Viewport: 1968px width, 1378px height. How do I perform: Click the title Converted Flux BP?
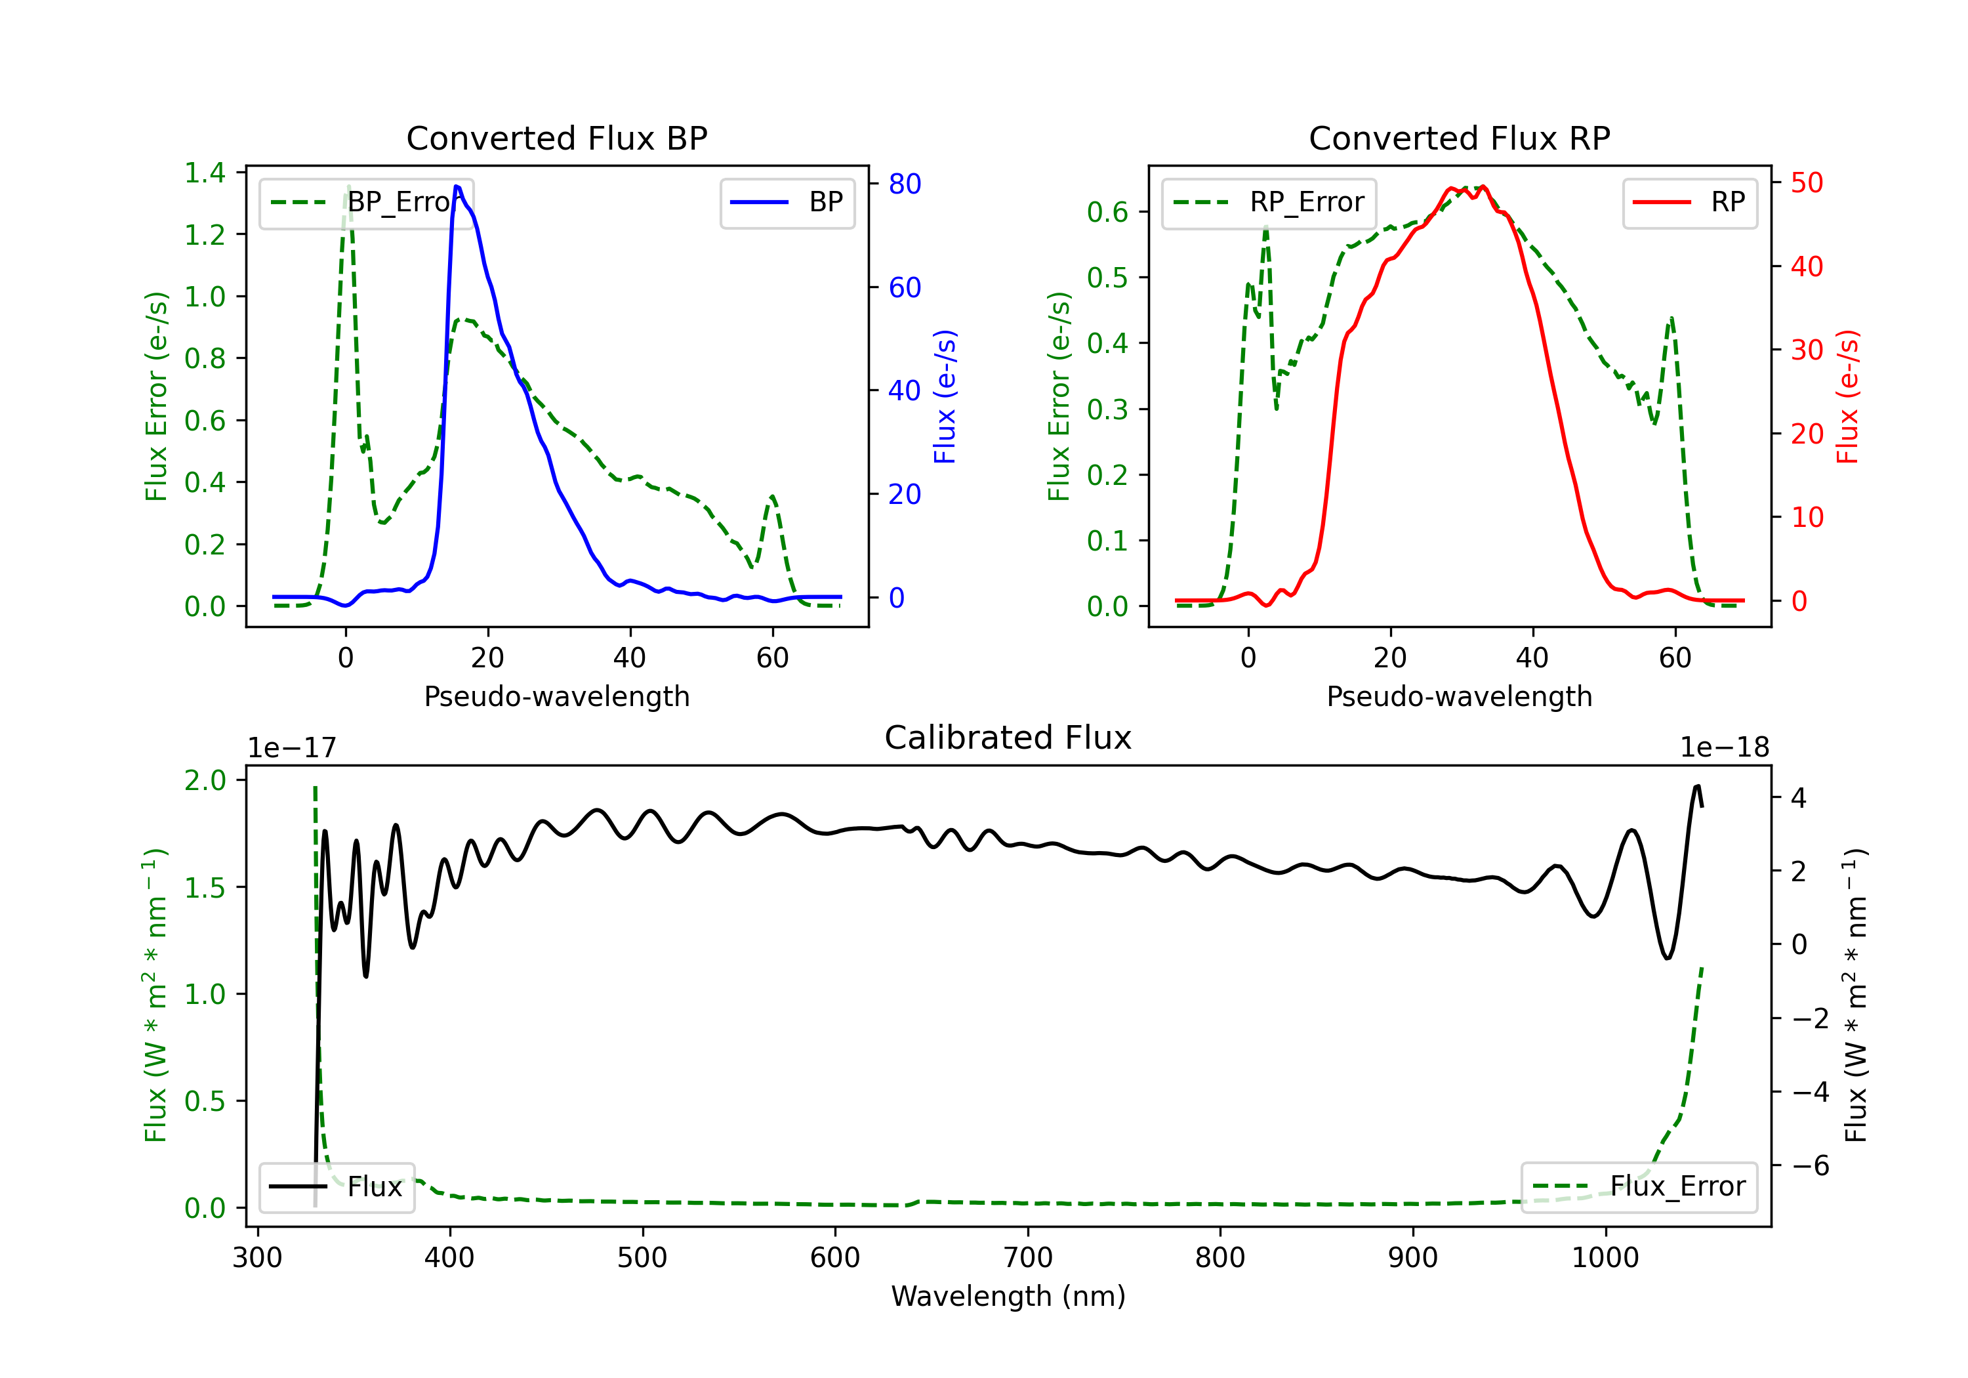(x=556, y=138)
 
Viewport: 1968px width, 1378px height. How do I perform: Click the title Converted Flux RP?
(x=1459, y=138)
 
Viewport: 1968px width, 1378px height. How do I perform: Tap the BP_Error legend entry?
(x=366, y=202)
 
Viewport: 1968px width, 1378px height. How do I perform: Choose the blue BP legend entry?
(x=787, y=202)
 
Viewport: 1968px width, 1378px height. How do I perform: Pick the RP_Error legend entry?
(x=1269, y=202)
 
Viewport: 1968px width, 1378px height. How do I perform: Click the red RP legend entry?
(x=1689, y=202)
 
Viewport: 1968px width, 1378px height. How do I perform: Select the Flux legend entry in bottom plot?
(x=336, y=1187)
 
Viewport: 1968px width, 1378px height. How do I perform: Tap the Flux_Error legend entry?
(x=1639, y=1187)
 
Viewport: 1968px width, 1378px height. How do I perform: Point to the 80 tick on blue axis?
(x=904, y=184)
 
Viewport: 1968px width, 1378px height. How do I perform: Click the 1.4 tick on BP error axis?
(x=205, y=173)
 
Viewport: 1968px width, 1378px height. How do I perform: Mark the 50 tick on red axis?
(x=1807, y=182)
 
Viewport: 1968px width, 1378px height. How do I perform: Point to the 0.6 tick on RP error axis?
(x=1107, y=212)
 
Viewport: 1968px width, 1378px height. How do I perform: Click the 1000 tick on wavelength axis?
(x=1605, y=1258)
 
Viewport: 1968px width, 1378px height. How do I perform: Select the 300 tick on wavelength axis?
(x=257, y=1258)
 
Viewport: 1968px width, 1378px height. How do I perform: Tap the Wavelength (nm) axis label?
(x=1008, y=1297)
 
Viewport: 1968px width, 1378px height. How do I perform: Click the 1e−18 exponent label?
(x=1725, y=748)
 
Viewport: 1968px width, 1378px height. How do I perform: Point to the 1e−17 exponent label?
(x=293, y=748)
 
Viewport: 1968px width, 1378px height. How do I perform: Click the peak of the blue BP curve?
(x=457, y=186)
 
